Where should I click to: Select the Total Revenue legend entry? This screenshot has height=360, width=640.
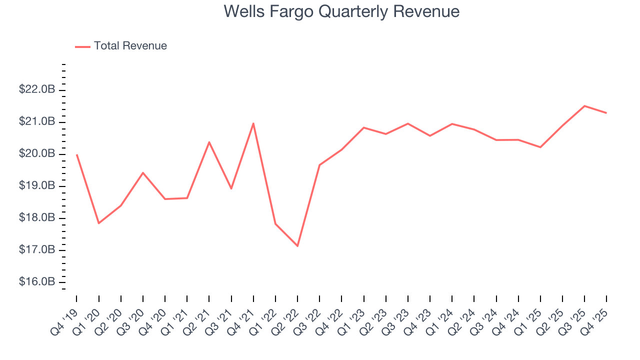pos(130,46)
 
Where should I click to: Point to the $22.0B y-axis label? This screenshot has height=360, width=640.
pos(37,90)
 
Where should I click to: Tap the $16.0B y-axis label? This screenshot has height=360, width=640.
pos(37,282)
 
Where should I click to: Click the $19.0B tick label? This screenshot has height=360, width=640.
pos(37,186)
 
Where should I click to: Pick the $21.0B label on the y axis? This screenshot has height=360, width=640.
pos(37,122)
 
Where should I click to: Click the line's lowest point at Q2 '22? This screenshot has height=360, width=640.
pos(297,246)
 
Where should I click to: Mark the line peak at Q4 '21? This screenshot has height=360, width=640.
pos(253,123)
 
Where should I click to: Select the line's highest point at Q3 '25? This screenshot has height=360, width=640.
pos(584,105)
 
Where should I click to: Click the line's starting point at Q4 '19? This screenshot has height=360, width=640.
pos(76,154)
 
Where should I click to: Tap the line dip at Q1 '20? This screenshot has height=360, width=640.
pos(98,223)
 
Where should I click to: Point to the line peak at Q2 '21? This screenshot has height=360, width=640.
pos(209,142)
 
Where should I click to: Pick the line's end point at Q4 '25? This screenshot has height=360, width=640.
pos(606,112)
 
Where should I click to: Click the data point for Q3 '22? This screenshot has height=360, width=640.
pos(319,164)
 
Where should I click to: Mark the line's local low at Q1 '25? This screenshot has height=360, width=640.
pos(540,147)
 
